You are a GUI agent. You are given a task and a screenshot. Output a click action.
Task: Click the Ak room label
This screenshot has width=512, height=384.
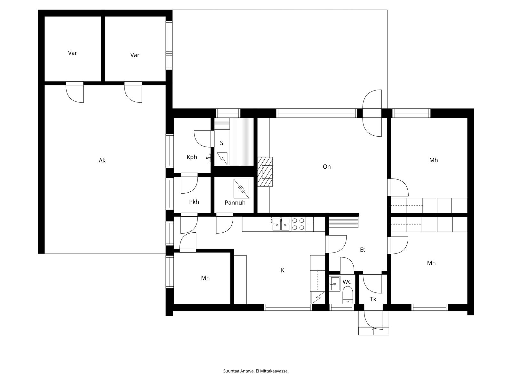point(102,161)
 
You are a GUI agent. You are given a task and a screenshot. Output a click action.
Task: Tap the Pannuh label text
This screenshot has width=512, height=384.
point(235,203)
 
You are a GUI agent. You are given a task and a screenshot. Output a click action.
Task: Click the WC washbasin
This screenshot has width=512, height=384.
point(335,284)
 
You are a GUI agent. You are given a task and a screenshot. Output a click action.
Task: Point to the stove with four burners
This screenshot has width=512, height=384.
point(298,224)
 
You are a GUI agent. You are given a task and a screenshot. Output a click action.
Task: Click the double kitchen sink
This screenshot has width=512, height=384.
point(281,225)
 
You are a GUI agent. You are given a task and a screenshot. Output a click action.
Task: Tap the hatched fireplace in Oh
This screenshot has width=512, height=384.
point(265,172)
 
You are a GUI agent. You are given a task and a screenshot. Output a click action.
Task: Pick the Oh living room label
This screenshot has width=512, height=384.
point(326,167)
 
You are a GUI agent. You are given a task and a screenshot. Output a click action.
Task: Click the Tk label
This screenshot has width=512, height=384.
point(373,299)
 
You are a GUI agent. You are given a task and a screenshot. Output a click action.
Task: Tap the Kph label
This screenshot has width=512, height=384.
point(192,157)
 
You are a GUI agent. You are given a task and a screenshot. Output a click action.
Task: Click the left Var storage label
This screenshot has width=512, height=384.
point(72,53)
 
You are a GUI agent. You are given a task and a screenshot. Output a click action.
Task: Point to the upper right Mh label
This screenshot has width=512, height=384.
point(433,160)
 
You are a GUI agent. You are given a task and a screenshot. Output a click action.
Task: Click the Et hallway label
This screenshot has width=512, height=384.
point(362,250)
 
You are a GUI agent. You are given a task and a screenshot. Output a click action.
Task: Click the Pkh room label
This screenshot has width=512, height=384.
point(194,202)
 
